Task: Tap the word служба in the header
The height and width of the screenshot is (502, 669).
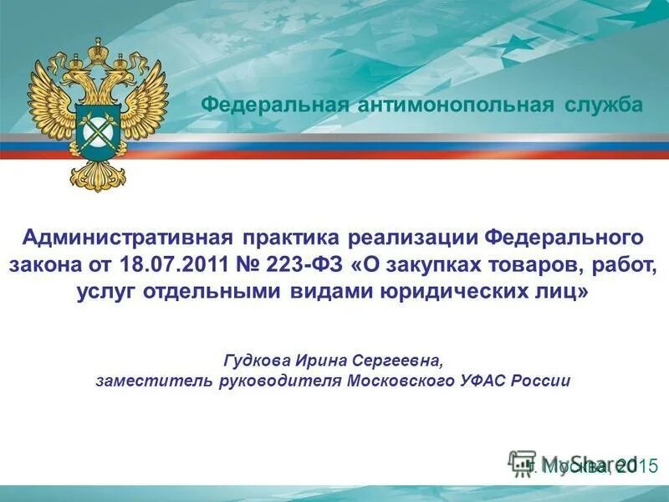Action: point(602,105)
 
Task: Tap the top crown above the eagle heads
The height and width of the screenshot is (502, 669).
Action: point(97,51)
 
